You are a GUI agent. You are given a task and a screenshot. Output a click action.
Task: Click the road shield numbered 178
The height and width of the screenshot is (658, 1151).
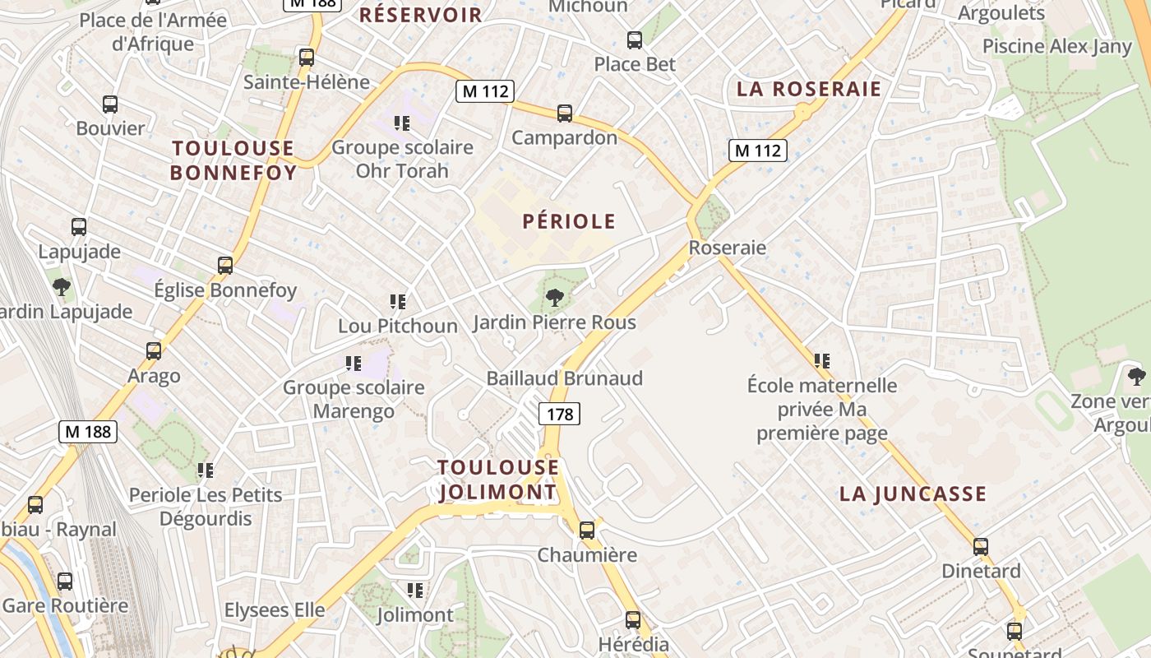560,414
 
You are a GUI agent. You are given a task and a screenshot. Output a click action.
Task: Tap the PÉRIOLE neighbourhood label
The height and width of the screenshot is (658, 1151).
569,221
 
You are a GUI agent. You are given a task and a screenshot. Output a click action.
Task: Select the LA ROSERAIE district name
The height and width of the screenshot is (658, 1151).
809,89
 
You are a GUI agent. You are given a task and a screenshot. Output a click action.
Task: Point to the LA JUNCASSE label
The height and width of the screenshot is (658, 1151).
913,494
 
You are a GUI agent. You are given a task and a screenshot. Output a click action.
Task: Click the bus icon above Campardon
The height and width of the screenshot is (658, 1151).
564,114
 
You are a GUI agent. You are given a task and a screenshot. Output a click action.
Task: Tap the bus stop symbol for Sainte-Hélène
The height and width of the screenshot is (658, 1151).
307,58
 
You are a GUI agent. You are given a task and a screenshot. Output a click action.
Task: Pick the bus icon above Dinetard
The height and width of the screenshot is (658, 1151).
981,547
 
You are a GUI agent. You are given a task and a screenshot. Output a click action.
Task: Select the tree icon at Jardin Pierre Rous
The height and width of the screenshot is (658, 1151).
555,297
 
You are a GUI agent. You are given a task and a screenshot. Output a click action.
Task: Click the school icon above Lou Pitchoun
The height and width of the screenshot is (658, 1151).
398,302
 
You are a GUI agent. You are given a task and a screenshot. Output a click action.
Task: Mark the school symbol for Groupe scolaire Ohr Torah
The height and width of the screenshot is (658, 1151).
402,123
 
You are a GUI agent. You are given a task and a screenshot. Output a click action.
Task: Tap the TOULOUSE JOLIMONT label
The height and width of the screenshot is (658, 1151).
498,480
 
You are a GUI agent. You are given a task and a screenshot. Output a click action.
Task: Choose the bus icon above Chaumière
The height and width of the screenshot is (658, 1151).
587,531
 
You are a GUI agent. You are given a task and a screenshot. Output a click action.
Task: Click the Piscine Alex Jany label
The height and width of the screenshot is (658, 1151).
1057,46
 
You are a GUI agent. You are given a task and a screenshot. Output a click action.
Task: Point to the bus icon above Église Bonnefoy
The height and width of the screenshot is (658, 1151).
225,266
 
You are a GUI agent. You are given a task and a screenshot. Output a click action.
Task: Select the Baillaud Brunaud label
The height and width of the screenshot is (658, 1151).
564,378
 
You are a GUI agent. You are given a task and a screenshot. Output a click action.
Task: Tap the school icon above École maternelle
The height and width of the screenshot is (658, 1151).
821,360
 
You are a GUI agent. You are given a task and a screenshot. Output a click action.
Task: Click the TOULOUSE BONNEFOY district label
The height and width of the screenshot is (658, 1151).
233,160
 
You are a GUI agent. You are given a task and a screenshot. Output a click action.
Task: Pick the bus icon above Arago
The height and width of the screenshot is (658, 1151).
154,351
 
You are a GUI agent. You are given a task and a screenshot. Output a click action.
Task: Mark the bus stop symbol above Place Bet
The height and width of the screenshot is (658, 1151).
634,39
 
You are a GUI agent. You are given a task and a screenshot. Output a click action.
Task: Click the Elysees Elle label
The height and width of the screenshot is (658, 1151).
275,610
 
